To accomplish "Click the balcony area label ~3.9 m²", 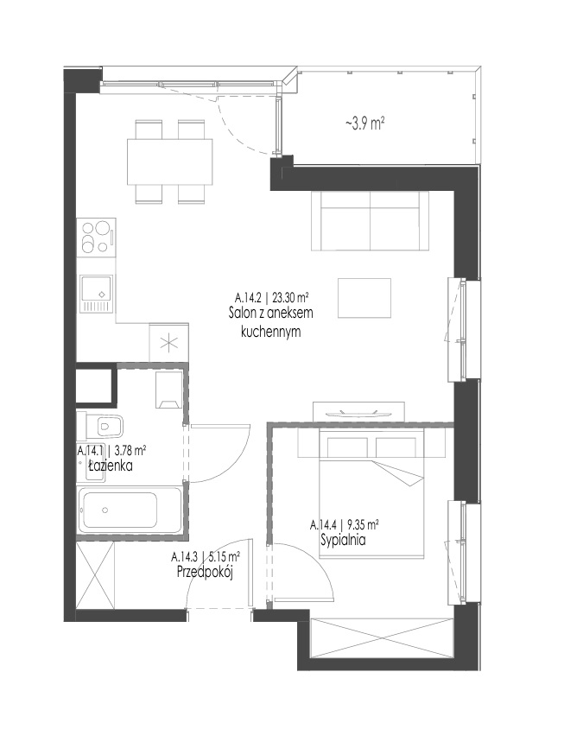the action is click(x=364, y=124).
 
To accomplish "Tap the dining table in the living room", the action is click(x=169, y=162).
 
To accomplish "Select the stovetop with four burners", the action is click(x=96, y=236).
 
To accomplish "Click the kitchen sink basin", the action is click(x=96, y=288).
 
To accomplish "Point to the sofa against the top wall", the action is click(x=371, y=220).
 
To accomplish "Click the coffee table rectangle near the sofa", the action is click(x=364, y=298).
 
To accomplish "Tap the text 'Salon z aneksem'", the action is click(x=270, y=313).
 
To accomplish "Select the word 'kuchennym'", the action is click(x=271, y=332).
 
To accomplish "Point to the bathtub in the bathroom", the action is click(x=130, y=510).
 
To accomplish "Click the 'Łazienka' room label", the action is click(x=111, y=465).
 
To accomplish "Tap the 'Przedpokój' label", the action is click(x=205, y=572).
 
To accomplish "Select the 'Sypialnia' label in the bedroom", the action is click(x=343, y=540).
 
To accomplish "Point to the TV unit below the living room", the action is click(x=358, y=412).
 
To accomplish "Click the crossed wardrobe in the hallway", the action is click(x=95, y=575).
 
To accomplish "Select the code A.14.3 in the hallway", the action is click(x=184, y=556).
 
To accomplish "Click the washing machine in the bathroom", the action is click(x=168, y=390).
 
